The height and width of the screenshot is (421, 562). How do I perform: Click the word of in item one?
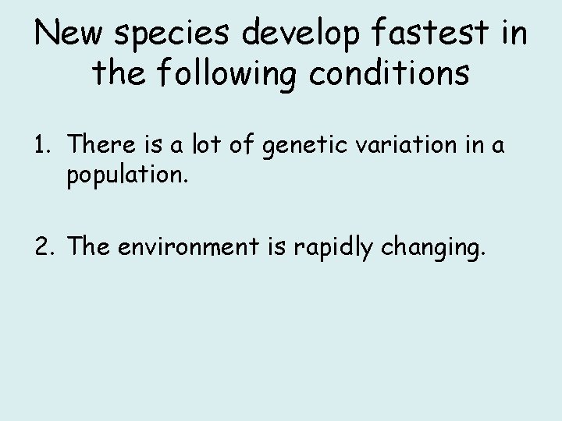(x=240, y=144)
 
